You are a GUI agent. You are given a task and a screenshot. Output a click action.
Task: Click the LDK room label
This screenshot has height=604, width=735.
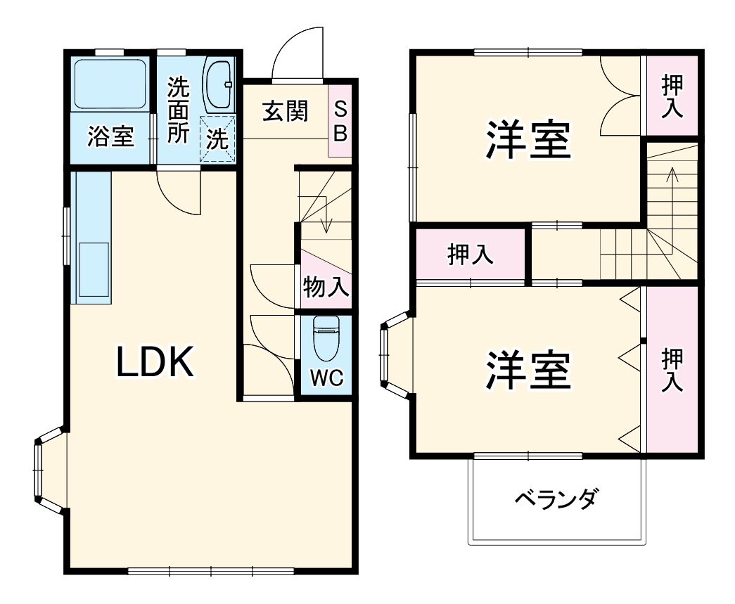click(155, 362)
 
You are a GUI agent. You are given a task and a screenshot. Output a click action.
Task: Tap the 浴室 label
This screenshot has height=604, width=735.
click(110, 136)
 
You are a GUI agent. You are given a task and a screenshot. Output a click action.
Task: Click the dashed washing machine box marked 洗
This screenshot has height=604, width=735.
click(217, 139)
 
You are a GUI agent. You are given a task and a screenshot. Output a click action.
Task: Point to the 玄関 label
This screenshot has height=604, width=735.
click(285, 111)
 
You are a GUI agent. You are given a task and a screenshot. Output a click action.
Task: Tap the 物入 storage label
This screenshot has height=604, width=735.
click(326, 287)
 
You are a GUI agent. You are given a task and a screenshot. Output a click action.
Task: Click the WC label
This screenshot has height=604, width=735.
click(326, 378)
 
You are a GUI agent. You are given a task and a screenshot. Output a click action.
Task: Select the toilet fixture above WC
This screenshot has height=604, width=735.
click(326, 338)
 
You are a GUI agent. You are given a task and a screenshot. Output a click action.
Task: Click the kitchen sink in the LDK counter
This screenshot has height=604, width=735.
click(93, 269)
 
